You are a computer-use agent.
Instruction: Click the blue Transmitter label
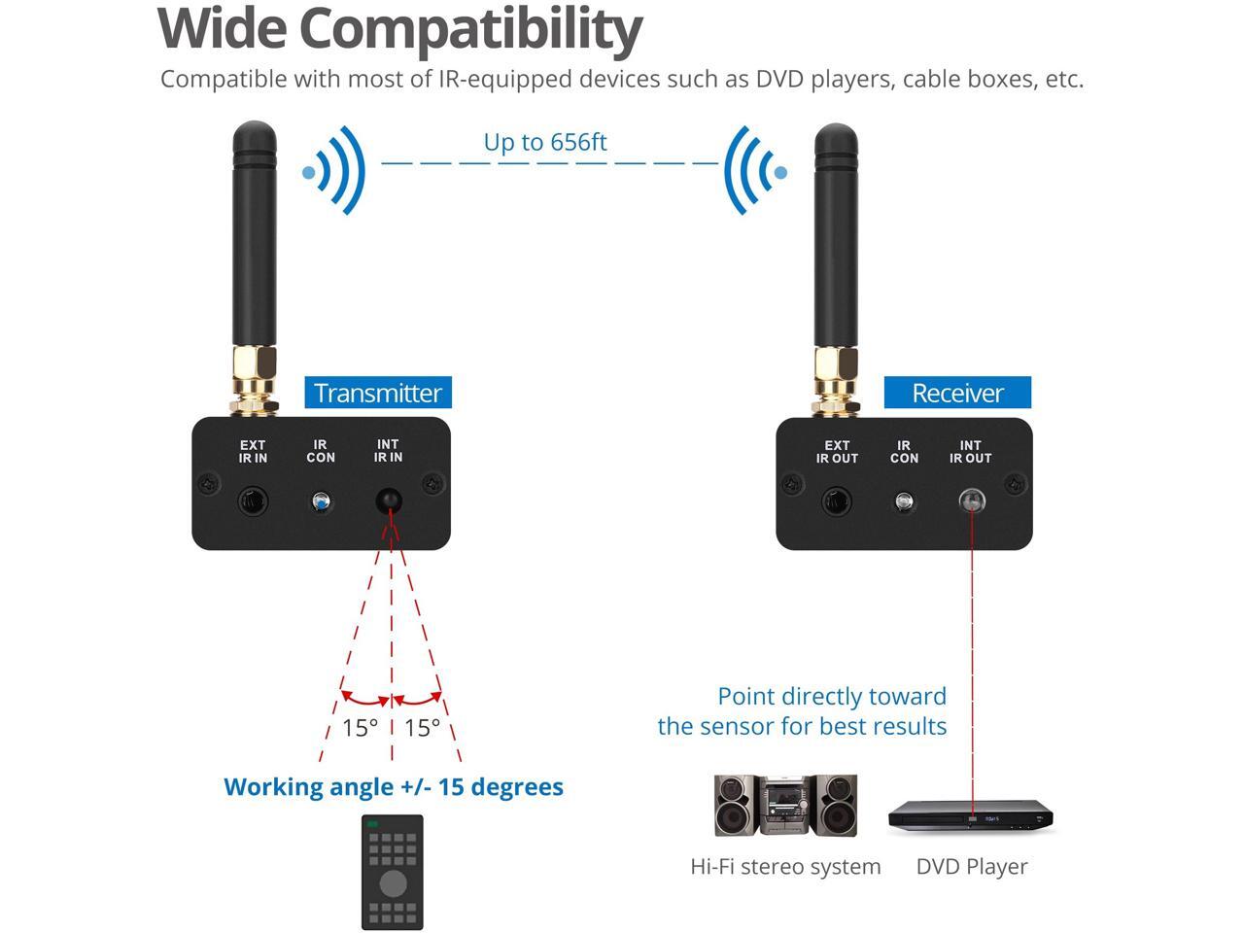tap(378, 393)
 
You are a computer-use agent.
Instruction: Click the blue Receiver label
tap(957, 393)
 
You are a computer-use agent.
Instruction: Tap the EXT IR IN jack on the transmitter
tap(254, 502)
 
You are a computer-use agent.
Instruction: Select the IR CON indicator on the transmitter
tap(321, 502)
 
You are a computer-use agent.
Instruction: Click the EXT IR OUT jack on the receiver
tap(837, 502)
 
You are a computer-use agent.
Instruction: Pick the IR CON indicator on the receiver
tap(904, 502)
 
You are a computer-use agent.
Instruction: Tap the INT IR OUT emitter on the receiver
tap(971, 502)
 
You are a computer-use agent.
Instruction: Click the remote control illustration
tap(393, 872)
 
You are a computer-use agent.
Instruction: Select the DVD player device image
tap(971, 817)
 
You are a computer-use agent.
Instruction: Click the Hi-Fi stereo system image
tap(785, 806)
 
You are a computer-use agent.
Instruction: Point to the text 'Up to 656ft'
tap(545, 142)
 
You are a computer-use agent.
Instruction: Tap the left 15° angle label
tap(360, 727)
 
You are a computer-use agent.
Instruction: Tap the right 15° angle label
tap(423, 727)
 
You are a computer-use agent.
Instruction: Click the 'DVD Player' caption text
tap(971, 866)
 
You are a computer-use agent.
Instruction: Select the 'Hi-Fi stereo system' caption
tap(785, 866)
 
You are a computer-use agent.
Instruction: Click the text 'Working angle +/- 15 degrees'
tap(394, 786)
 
